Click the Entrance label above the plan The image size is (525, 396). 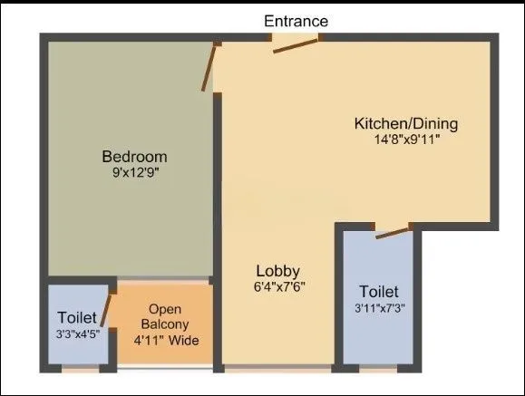coord(297,20)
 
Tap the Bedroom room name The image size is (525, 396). coord(134,156)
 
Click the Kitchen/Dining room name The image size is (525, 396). coord(406,123)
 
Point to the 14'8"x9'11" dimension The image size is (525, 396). coord(406,140)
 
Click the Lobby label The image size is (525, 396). coord(277,271)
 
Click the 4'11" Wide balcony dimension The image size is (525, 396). coord(166,341)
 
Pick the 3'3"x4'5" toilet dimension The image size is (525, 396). coord(77,333)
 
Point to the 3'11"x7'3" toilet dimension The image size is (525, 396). coord(378,308)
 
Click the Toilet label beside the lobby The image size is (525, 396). coord(378,292)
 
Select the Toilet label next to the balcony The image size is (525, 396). coord(77,318)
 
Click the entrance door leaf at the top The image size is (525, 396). coord(296,45)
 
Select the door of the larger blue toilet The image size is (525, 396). coord(392,232)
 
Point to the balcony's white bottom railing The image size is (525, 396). coord(166,369)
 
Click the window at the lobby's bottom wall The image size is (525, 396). coord(277,369)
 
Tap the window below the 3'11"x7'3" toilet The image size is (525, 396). coord(378,369)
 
